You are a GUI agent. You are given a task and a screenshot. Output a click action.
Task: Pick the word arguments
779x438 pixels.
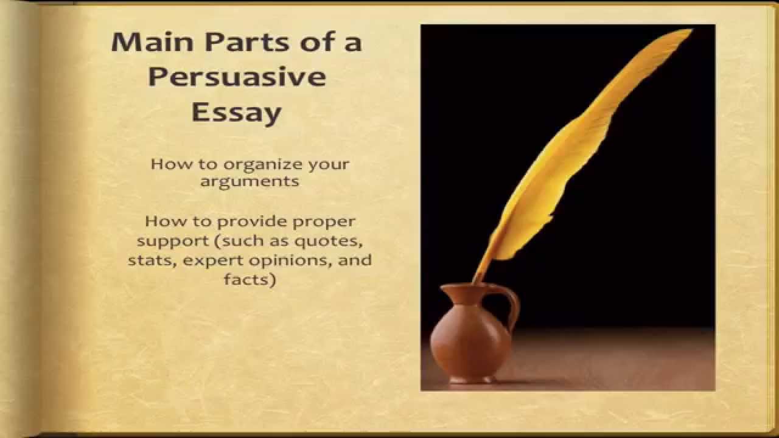pyautogui.click(x=250, y=181)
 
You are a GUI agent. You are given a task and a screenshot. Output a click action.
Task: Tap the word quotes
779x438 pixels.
pyautogui.click(x=329, y=241)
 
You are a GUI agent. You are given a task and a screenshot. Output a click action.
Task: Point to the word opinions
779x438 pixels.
pyautogui.click(x=293, y=262)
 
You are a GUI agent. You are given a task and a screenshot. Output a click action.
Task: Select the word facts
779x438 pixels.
pyautogui.click(x=250, y=280)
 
